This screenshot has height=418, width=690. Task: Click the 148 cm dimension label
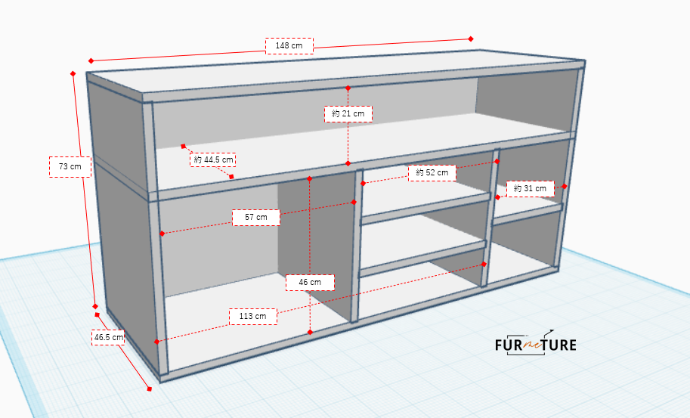pos(289,46)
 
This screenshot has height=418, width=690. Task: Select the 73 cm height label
pos(70,167)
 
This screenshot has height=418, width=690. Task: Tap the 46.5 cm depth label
pos(108,337)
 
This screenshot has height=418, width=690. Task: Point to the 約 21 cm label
pos(348,114)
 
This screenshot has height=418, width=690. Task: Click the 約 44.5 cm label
pos(213,159)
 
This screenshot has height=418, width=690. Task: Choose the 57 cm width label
pos(255,218)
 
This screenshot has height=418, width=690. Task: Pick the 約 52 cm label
pos(432,173)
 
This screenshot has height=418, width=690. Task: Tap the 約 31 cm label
pos(530,189)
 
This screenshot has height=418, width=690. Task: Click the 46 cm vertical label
pos(310,283)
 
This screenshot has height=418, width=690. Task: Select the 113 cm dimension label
pos(252,317)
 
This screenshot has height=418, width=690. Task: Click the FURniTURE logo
pos(535,343)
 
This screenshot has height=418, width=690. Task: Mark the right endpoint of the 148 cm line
pos(471,39)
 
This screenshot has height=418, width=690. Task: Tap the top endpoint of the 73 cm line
pos(73,73)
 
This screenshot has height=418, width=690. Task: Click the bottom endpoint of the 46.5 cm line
pos(149,389)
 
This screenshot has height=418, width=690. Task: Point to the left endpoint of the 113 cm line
pos(156,342)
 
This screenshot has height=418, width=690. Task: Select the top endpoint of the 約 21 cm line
pos(348,88)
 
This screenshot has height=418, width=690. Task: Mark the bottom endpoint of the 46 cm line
pos(311,332)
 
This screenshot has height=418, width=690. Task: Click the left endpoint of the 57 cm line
pos(162,234)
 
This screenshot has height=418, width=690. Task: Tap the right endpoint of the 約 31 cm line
pos(565,187)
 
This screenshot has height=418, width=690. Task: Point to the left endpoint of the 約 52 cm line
pos(363,184)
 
